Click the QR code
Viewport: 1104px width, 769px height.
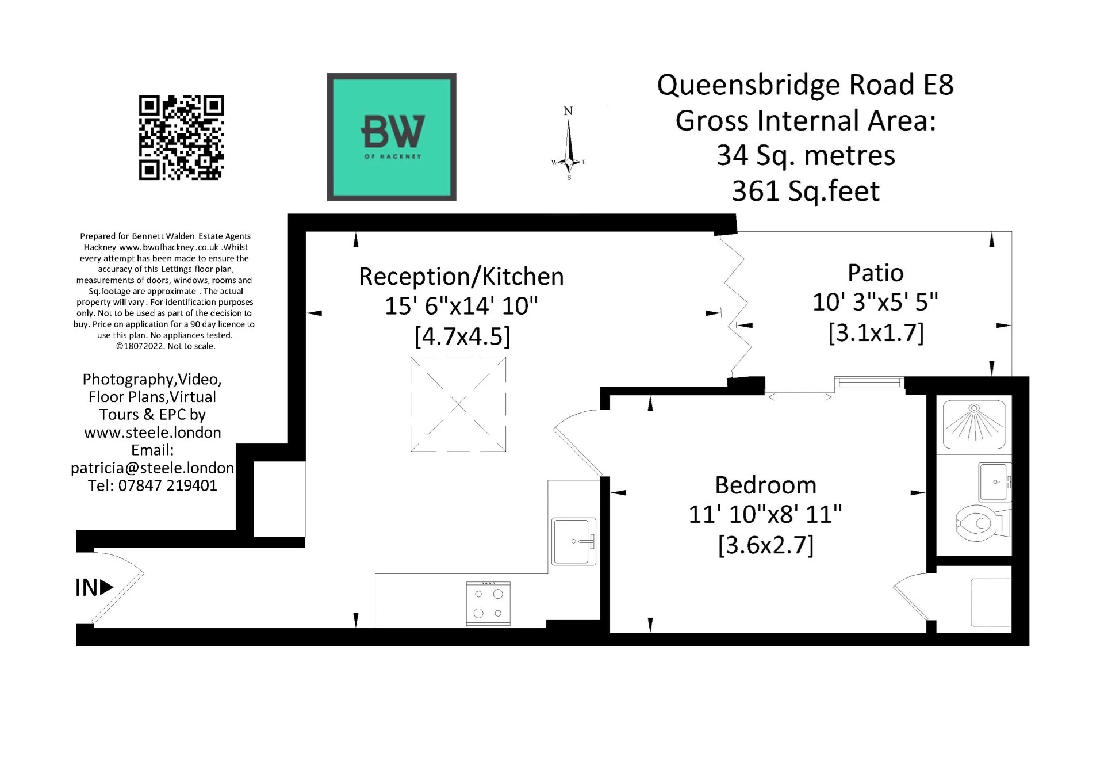pyautogui.click(x=181, y=138)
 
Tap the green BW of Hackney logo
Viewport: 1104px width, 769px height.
pyautogui.click(x=392, y=137)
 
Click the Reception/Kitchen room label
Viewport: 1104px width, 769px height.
pyautogui.click(x=461, y=277)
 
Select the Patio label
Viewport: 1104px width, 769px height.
pyautogui.click(x=875, y=273)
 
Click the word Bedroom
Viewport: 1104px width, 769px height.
pyautogui.click(x=765, y=485)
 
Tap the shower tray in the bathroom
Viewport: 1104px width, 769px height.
pyautogui.click(x=974, y=424)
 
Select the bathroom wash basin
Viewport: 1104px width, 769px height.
pyautogui.click(x=994, y=482)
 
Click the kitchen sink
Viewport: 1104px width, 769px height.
pyautogui.click(x=573, y=541)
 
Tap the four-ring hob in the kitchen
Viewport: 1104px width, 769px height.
pyautogui.click(x=488, y=603)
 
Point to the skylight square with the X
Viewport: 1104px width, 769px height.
pyautogui.click(x=458, y=404)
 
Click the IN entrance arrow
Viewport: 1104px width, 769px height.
pyautogui.click(x=94, y=587)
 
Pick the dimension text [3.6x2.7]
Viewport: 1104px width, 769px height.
pyautogui.click(x=765, y=545)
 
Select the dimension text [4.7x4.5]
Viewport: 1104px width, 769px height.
pyautogui.click(x=462, y=336)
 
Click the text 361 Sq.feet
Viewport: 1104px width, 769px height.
pyautogui.click(x=805, y=192)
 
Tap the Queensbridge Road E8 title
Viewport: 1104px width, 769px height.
pyautogui.click(x=805, y=85)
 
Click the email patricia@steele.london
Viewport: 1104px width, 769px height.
pyautogui.click(x=152, y=468)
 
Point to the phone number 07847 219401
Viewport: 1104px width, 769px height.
pyautogui.click(x=167, y=485)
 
